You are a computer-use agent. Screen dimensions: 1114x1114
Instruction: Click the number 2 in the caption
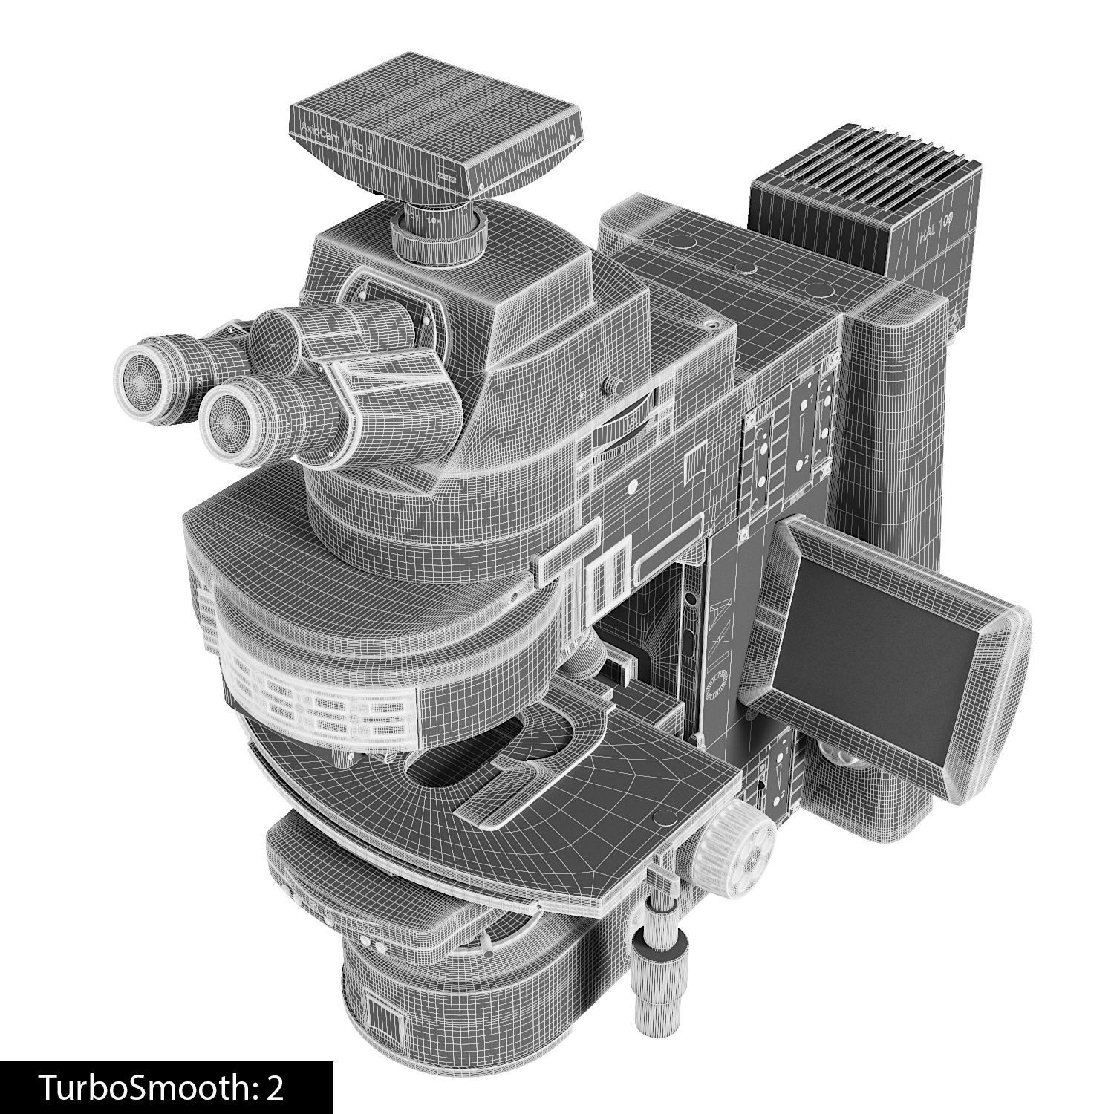pyautogui.click(x=274, y=1087)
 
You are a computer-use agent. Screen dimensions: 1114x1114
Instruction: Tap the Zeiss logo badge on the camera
pyautogui.click(x=446, y=177)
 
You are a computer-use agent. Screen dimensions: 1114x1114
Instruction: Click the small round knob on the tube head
pyautogui.click(x=613, y=385)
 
